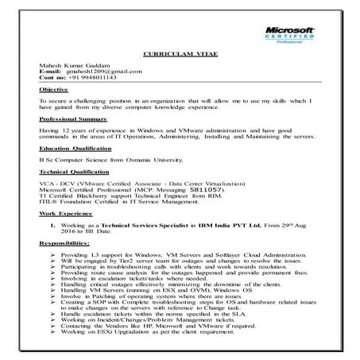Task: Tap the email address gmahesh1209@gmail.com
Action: tap(105, 72)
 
